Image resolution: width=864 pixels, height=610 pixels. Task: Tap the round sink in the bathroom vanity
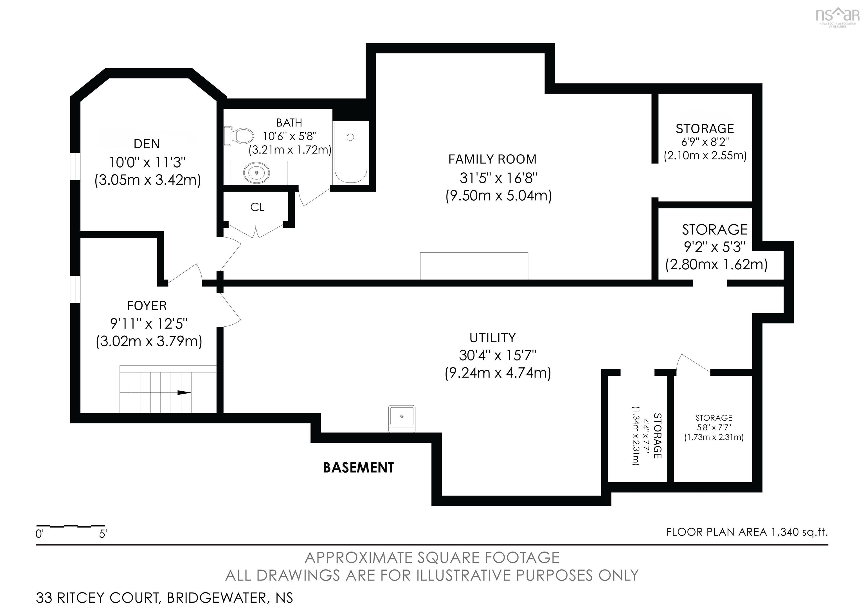pos(257,173)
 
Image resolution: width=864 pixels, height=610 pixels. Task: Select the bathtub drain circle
pos(350,137)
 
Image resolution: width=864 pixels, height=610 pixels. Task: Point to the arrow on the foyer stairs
pos(184,393)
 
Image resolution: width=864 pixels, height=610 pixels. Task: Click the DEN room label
pos(147,144)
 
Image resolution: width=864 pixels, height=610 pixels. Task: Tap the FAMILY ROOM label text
pos(492,159)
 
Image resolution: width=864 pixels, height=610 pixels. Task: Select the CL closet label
pos(257,207)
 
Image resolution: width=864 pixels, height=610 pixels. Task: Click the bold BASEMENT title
pos(358,468)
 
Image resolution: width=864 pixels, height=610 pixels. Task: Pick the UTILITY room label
pos(492,338)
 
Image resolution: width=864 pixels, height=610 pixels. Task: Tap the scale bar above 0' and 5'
pos(70,525)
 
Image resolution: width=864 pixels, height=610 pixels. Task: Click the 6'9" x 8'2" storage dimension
pos(705,142)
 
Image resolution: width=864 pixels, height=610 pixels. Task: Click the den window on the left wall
pos(75,166)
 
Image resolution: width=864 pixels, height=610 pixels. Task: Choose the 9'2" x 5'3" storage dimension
pos(715,247)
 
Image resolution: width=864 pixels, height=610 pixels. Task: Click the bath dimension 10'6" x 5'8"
pos(289,136)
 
